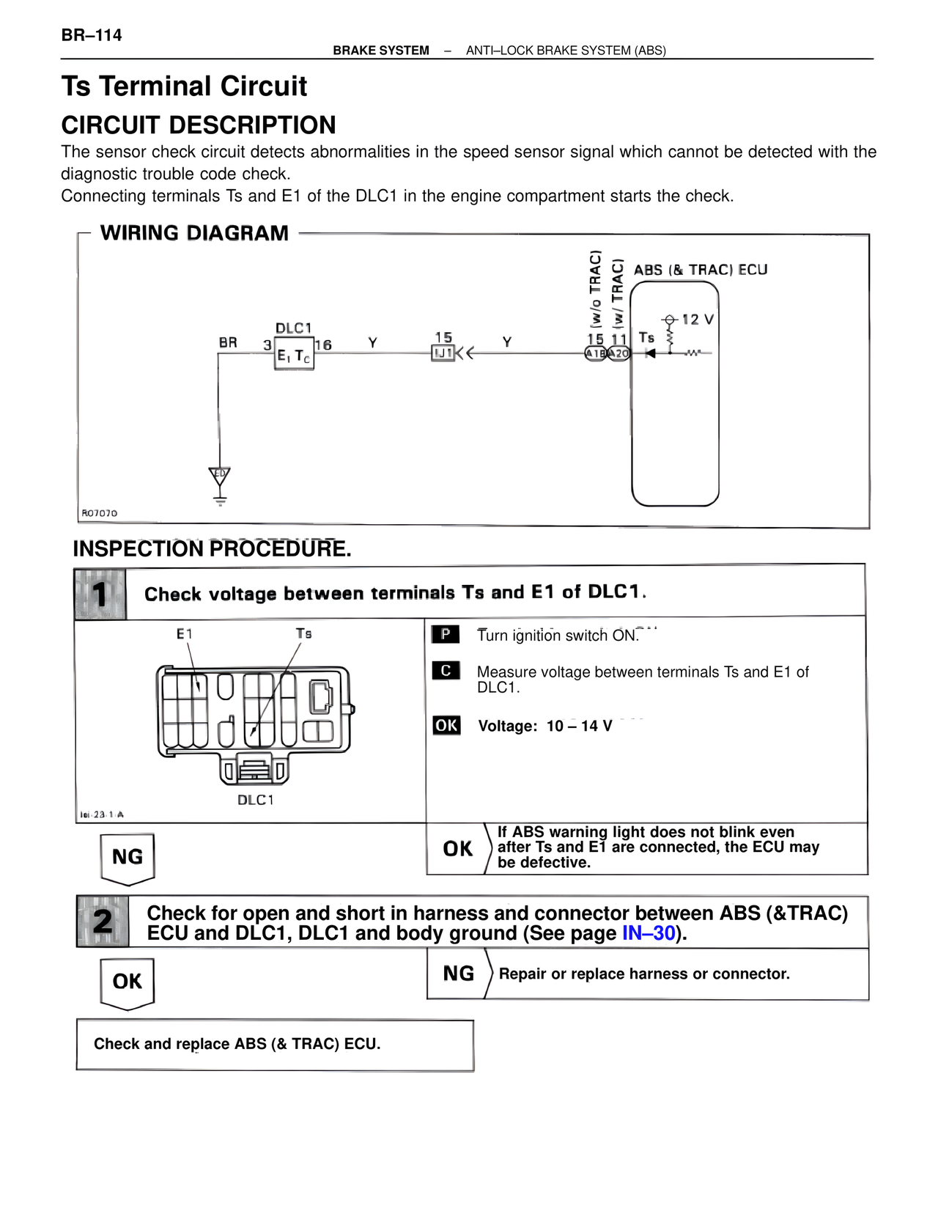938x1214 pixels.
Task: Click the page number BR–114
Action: (x=92, y=35)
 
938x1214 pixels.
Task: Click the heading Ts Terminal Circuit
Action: (x=184, y=87)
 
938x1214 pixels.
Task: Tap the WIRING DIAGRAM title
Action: (x=194, y=233)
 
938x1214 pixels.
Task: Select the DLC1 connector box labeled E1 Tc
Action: (x=294, y=356)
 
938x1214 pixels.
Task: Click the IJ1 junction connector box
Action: (x=443, y=353)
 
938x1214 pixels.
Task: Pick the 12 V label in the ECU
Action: (x=697, y=320)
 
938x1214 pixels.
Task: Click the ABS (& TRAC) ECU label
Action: (x=700, y=270)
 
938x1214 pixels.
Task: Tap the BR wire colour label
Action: (x=228, y=342)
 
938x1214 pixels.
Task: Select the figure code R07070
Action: (x=99, y=513)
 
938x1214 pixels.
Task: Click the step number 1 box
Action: (x=100, y=594)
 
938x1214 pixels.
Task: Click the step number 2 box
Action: (x=103, y=921)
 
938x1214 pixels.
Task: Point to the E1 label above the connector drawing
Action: (x=185, y=633)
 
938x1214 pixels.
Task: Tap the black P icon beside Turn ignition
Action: (x=446, y=634)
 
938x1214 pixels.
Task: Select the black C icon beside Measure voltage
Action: (x=446, y=671)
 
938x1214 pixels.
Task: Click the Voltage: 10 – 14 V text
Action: (x=544, y=726)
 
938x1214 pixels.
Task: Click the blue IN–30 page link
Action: (x=649, y=933)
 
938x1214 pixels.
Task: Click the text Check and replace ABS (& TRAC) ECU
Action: (x=237, y=1044)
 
